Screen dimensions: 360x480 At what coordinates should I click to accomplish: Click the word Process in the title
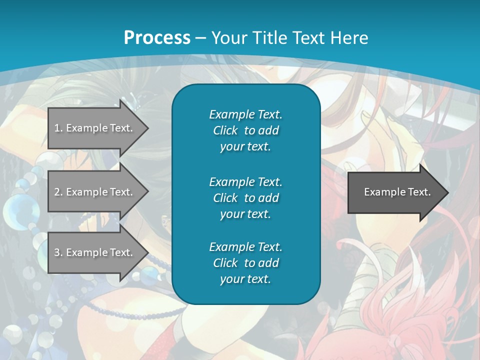[x=157, y=38]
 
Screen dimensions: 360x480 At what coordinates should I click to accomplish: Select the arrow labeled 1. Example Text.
[x=93, y=128]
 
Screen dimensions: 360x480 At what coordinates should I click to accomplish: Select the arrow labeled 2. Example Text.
[x=93, y=192]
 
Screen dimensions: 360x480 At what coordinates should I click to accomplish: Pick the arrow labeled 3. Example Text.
[x=93, y=252]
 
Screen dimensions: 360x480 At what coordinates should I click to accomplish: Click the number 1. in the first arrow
[x=58, y=128]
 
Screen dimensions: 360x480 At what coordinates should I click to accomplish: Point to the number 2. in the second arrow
[x=58, y=192]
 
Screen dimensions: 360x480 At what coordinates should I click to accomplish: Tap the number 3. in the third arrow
[x=58, y=252]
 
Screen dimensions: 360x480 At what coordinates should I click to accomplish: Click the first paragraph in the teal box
[x=245, y=130]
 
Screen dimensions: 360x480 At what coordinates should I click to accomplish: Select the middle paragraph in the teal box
[x=245, y=198]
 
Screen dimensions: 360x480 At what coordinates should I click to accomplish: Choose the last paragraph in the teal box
[x=245, y=263]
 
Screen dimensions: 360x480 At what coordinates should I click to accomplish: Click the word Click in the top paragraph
[x=225, y=131]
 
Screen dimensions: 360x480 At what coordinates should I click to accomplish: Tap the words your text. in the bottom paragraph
[x=245, y=279]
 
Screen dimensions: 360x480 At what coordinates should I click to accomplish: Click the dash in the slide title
[x=201, y=38]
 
